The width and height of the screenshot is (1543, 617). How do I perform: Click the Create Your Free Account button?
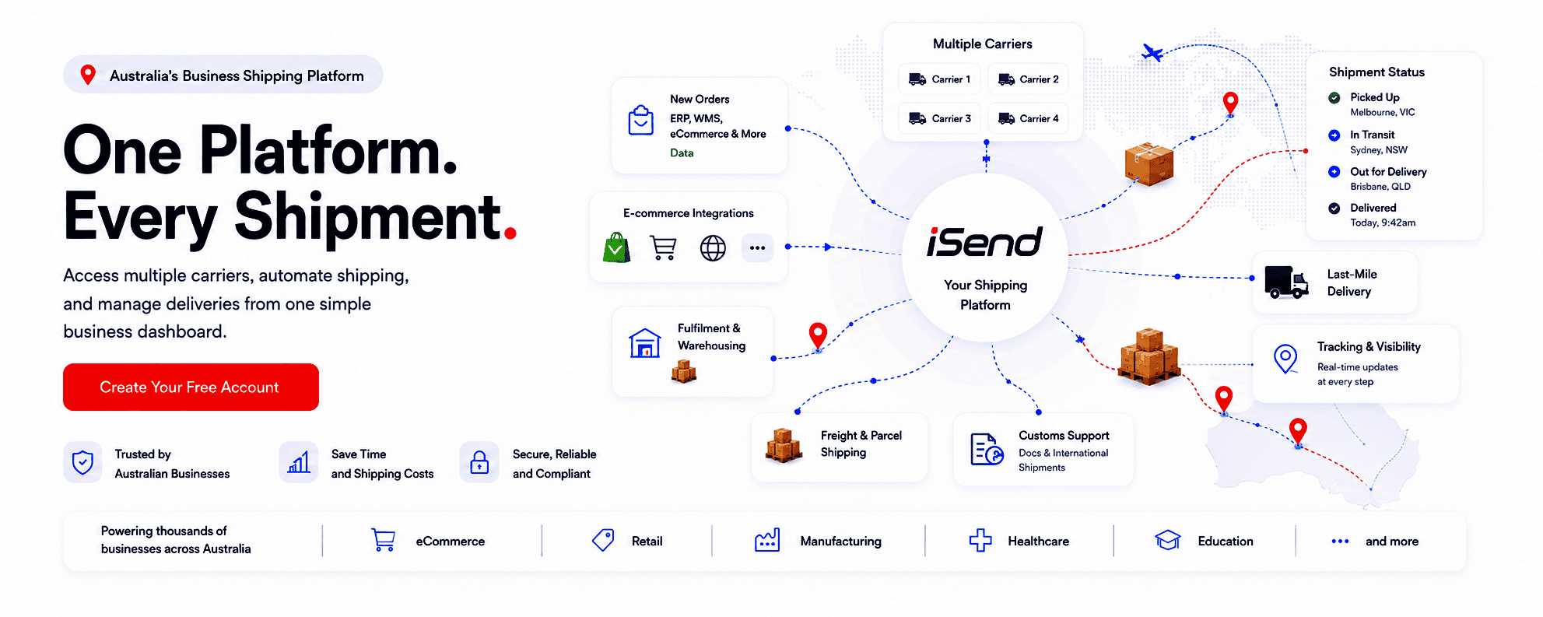click(x=191, y=387)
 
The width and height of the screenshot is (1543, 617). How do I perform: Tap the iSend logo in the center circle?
click(x=984, y=242)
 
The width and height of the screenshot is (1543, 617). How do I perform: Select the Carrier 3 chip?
click(x=940, y=118)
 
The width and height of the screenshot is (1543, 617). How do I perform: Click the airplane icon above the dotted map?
click(x=1152, y=53)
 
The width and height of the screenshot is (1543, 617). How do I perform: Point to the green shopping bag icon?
click(x=616, y=247)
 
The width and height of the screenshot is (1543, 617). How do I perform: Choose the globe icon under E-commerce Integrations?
click(x=713, y=248)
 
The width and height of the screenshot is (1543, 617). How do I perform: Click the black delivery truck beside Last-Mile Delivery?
click(x=1286, y=282)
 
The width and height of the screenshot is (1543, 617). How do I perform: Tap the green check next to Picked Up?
click(x=1334, y=98)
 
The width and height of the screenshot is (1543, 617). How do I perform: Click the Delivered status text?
click(x=1373, y=208)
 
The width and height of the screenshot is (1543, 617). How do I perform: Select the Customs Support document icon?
click(x=987, y=449)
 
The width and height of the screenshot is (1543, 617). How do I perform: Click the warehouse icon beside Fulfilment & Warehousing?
click(x=645, y=343)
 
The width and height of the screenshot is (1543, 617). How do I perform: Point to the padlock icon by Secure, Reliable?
click(x=479, y=463)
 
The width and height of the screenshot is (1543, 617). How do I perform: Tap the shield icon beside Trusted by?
click(x=82, y=463)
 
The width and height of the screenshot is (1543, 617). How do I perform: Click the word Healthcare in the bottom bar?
click(x=1038, y=542)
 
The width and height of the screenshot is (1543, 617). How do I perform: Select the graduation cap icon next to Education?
click(x=1168, y=540)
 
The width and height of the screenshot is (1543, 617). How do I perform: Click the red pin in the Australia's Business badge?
click(x=88, y=75)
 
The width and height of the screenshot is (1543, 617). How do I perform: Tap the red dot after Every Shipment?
click(x=510, y=232)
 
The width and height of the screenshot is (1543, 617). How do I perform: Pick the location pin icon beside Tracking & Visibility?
click(x=1285, y=359)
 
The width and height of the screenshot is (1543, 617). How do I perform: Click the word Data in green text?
click(x=682, y=153)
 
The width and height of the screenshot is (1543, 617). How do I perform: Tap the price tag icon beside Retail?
click(x=603, y=540)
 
